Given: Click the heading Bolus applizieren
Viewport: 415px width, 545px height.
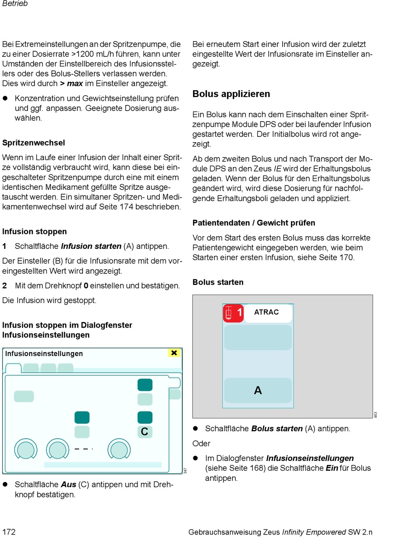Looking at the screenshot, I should pos(231,94).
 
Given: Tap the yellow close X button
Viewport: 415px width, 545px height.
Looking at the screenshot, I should pos(174,353).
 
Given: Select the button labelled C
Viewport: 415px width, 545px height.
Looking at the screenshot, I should pos(145,432).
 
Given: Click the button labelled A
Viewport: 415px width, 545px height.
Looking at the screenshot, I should pos(258,390).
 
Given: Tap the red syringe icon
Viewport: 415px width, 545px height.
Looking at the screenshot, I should pos(228,313).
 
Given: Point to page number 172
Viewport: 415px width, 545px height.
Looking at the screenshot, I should pos(9,532).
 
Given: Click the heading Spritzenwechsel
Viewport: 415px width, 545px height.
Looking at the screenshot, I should pos(34,143).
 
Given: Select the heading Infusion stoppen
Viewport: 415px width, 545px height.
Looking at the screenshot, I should pos(35,231).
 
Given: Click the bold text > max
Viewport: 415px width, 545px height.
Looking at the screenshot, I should pos(71,83).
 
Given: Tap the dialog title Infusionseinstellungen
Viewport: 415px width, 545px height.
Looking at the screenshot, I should pos(44,353).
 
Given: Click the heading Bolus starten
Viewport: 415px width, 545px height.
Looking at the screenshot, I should pos(218,282).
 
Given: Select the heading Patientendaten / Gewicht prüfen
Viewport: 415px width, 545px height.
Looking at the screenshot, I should pos(254,223).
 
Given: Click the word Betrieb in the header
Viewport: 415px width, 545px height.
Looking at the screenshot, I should pos(15,4).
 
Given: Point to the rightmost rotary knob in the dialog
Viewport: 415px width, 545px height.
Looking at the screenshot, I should pos(119,450).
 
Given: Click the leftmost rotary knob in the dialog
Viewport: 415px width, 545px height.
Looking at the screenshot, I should pos(26,450).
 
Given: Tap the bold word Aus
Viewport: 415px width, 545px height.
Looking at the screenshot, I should pos(69,485).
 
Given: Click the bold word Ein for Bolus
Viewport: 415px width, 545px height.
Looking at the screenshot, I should pos(332,468).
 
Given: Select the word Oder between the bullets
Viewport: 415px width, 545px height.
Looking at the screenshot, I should pos(201,444).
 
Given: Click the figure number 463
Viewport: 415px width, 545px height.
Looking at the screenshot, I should pos(376,415).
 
